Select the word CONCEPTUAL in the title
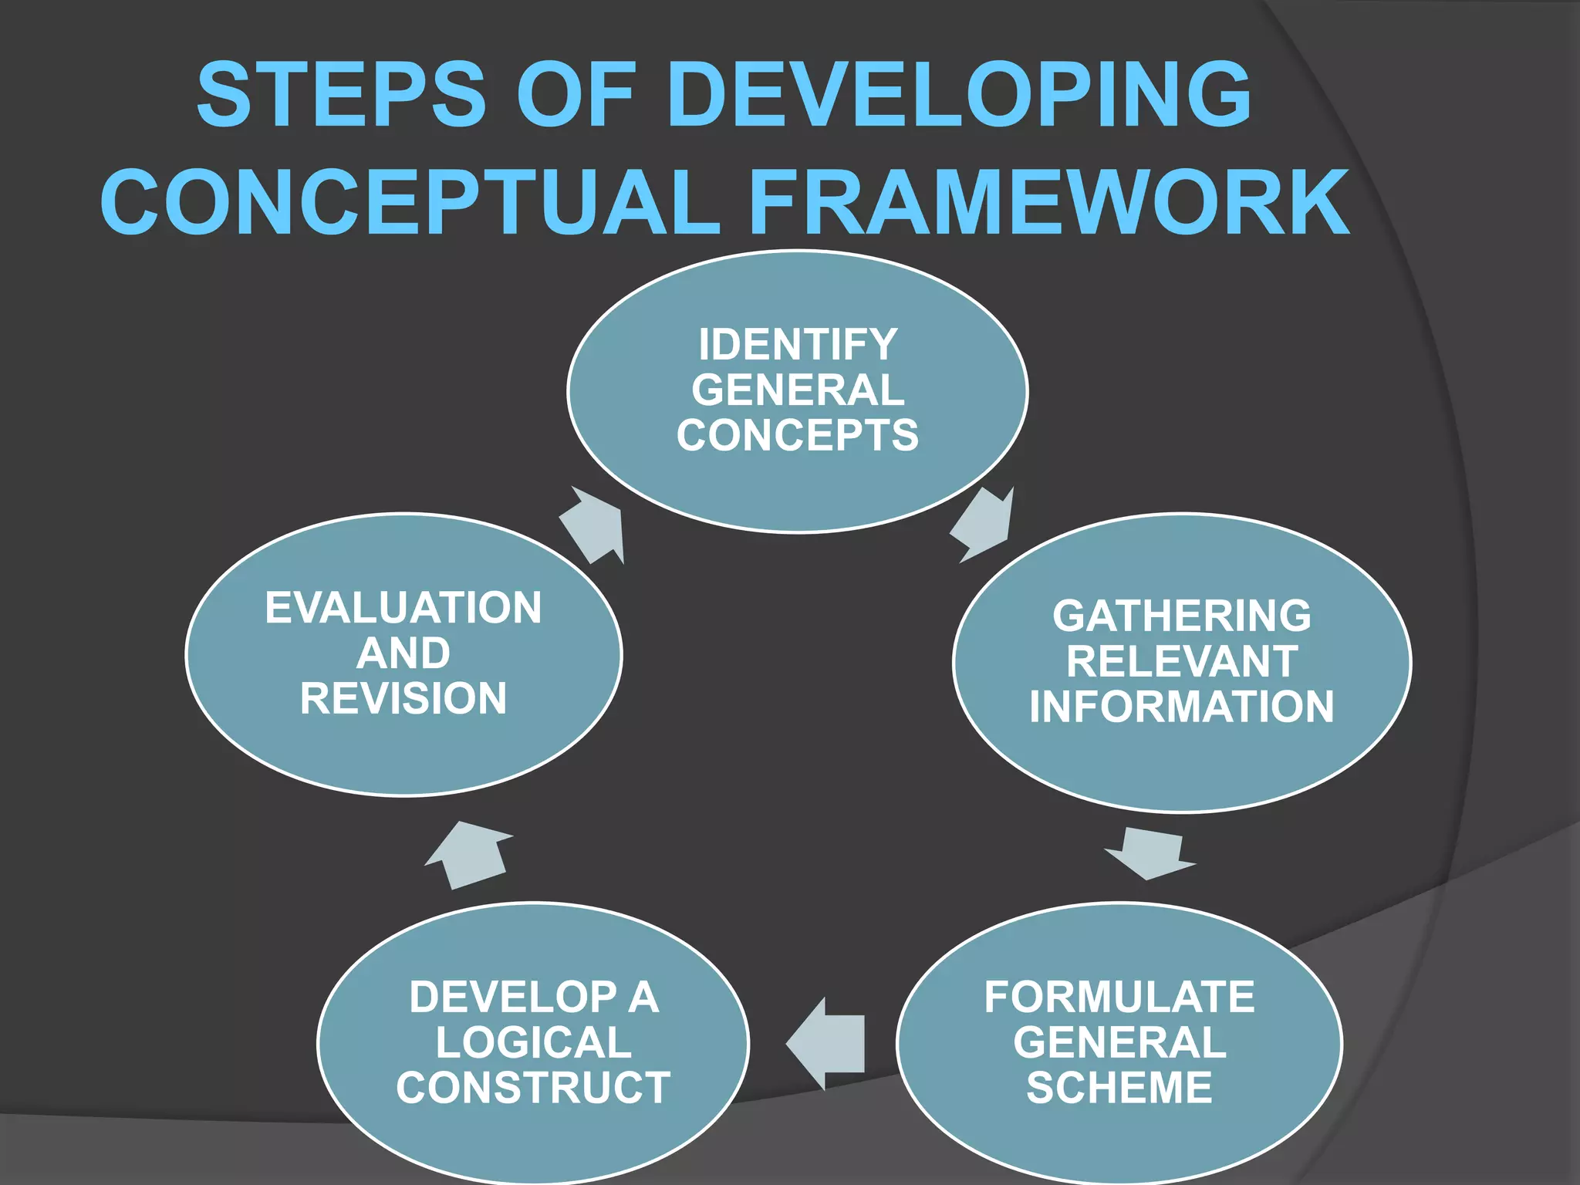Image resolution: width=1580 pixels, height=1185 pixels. click(410, 202)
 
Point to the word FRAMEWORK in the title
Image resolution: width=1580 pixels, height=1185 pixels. click(1049, 202)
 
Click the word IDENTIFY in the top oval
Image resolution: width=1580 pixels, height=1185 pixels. click(798, 344)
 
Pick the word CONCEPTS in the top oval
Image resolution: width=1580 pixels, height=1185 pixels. click(798, 435)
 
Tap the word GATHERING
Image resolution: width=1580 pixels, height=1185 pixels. click(1182, 616)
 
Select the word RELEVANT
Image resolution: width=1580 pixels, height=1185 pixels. click(1182, 661)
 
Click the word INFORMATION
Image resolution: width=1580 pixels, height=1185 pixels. click(1182, 707)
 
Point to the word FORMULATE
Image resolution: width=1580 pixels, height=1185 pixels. click(1119, 997)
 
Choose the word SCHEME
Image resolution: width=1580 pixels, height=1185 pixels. click(1119, 1088)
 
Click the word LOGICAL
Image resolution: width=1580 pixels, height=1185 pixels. click(533, 1042)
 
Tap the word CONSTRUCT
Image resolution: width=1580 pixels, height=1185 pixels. click(533, 1088)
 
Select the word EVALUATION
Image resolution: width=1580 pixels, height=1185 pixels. click(403, 608)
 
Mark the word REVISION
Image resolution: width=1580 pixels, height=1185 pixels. click(403, 698)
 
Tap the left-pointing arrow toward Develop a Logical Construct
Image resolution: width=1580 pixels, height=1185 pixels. click(826, 1043)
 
